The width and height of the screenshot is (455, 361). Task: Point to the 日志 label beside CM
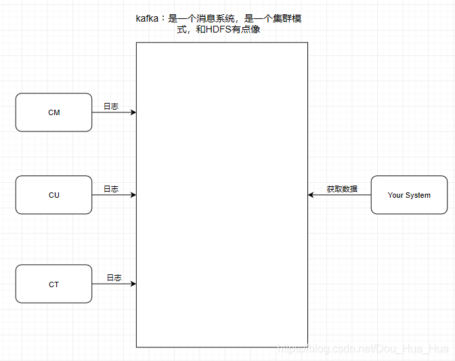tap(110, 106)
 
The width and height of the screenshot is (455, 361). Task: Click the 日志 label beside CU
tap(110, 189)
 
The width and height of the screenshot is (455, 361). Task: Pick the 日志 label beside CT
tap(114, 278)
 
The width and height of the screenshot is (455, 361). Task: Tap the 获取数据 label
tap(342, 189)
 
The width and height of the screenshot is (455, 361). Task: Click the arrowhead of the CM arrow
tap(133, 112)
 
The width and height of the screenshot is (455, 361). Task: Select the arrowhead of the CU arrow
tap(133, 195)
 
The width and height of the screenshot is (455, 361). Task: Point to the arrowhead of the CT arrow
tap(133, 284)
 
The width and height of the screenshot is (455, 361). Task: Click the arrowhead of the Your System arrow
tap(311, 195)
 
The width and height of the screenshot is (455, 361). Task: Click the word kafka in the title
tap(147, 19)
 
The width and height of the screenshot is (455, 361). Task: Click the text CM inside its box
tap(53, 112)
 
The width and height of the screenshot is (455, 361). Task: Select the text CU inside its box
tap(53, 195)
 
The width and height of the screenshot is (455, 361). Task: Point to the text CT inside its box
tap(53, 284)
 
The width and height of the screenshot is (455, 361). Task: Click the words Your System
tap(409, 195)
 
